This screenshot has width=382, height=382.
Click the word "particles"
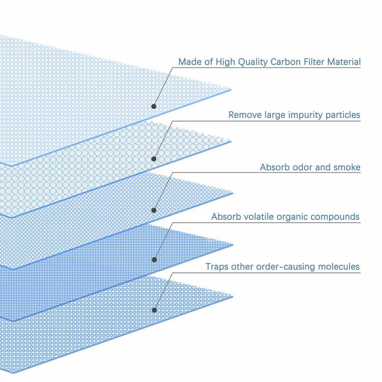coord(342,115)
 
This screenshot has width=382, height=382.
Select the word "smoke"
coord(346,167)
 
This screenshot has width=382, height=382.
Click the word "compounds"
coord(335,217)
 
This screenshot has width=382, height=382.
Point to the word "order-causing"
coord(271,267)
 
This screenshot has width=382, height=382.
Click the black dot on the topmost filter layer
coord(154,106)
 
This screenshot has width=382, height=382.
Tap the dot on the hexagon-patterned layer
coord(154,159)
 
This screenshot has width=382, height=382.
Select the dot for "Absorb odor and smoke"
coord(154,210)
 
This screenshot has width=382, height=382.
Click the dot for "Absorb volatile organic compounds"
coord(154,260)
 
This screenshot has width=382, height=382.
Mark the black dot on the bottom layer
coord(154,310)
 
